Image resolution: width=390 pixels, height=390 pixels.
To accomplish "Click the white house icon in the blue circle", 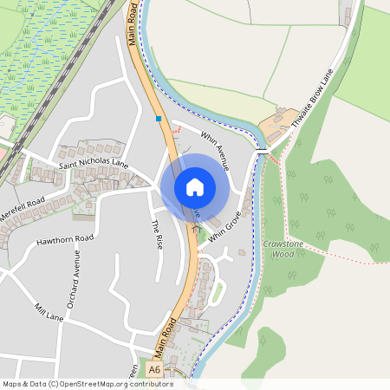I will (195, 187).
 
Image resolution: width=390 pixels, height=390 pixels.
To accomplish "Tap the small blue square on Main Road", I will (158, 118).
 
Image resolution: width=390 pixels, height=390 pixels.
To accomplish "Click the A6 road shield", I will (154, 370).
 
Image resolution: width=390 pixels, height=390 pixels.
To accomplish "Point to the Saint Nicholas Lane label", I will (94, 163).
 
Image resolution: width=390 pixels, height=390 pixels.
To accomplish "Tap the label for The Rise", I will (157, 235).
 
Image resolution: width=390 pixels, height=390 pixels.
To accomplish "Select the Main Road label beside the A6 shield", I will (166, 338).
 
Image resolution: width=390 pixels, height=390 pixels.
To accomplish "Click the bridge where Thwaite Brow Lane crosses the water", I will (262, 153).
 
